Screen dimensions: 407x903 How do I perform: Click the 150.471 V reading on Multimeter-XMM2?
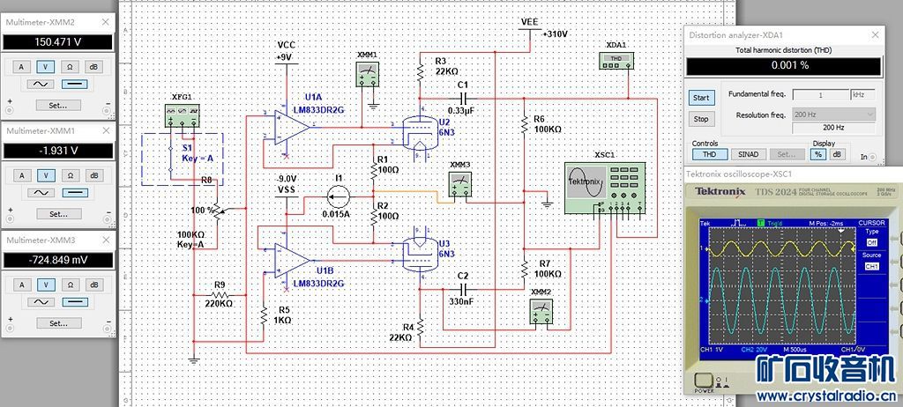point(58,41)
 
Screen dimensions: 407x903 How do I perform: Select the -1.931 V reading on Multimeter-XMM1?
point(58,151)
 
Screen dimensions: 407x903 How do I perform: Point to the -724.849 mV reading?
point(58,260)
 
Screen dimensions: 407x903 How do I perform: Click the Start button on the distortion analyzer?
point(701,98)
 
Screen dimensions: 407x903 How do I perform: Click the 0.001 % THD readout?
point(783,66)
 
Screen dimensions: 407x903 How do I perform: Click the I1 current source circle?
point(336,195)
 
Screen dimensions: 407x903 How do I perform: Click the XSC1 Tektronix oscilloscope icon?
point(602,187)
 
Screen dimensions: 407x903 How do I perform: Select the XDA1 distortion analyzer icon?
point(616,60)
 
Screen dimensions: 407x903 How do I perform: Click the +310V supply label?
point(556,33)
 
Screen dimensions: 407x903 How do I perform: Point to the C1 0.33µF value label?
point(461,110)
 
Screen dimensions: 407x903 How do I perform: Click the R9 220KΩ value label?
point(218,302)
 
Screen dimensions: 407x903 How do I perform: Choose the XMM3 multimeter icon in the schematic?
point(459,184)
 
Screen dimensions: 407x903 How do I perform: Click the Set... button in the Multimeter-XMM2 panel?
point(58,105)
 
